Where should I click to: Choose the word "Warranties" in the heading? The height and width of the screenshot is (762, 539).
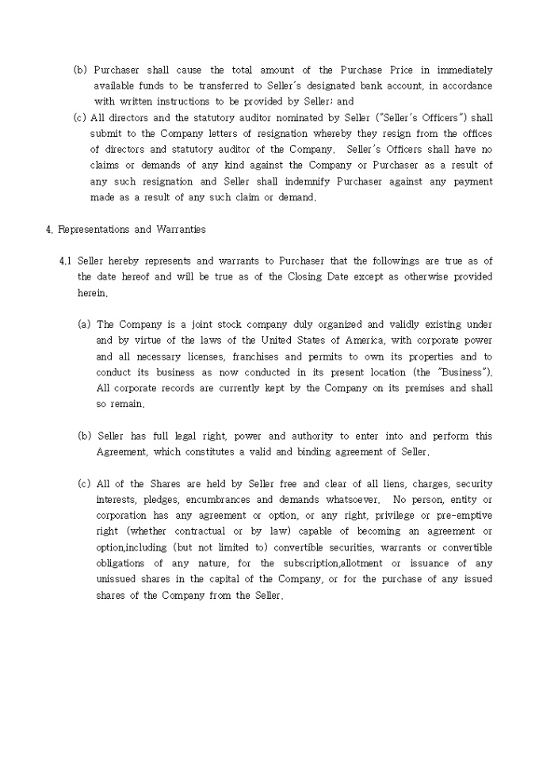click(180, 230)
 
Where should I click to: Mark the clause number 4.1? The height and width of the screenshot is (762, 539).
click(66, 261)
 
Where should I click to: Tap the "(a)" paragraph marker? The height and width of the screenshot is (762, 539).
click(84, 324)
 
